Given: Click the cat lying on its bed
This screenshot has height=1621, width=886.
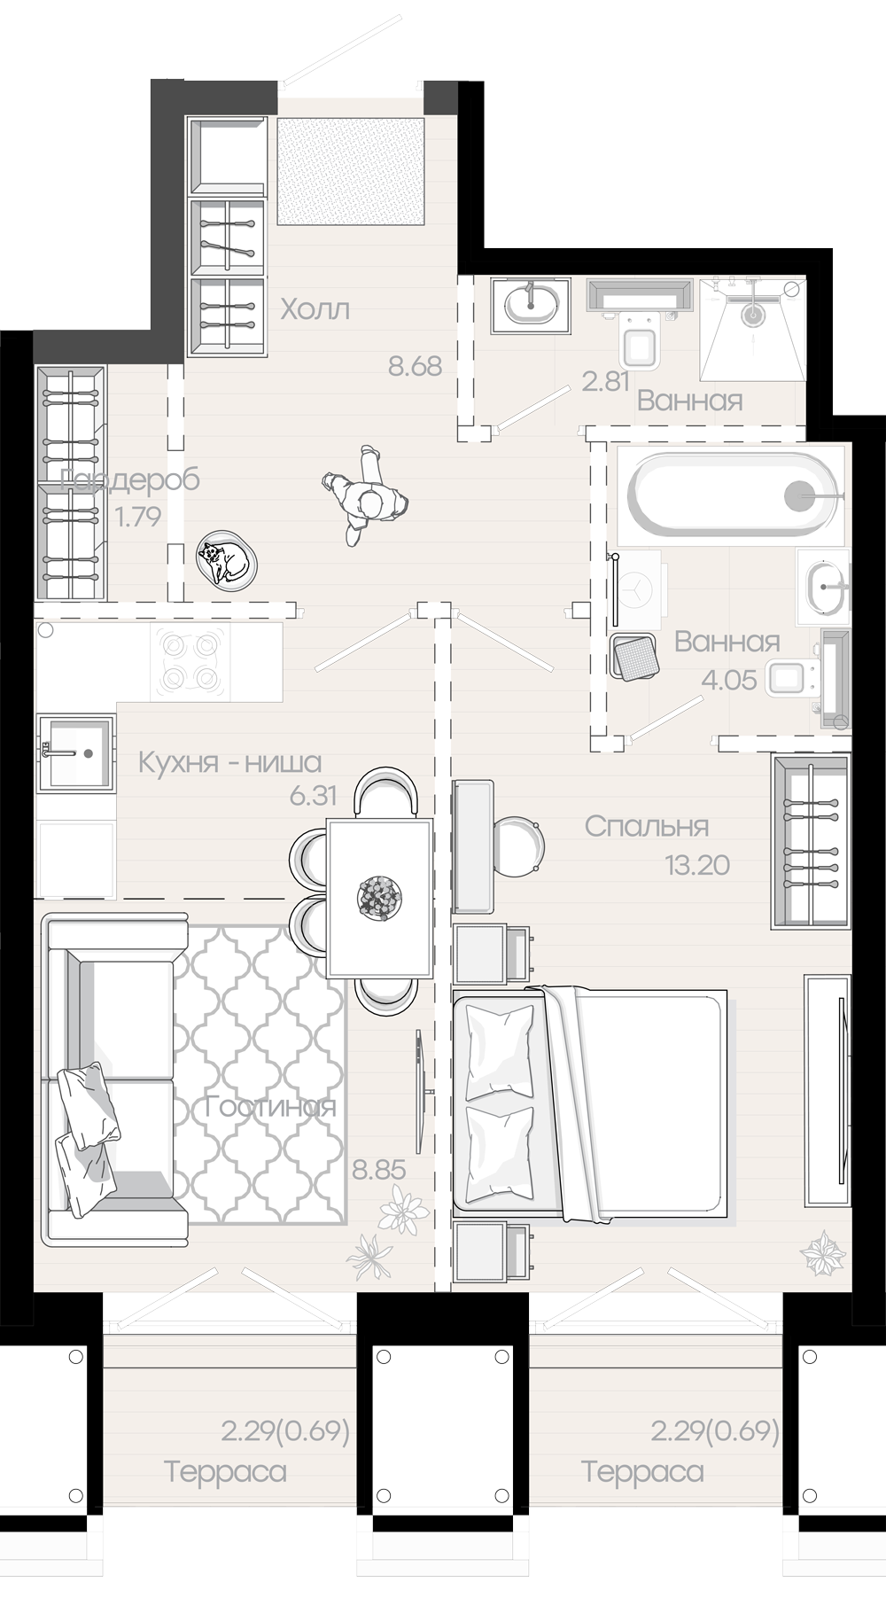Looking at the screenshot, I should [227, 561].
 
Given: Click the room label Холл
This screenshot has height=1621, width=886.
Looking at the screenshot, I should [315, 309].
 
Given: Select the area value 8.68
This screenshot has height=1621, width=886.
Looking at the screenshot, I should [415, 366].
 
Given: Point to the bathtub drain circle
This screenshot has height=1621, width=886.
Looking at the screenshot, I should [802, 495].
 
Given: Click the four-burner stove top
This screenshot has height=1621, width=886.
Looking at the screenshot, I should [190, 662].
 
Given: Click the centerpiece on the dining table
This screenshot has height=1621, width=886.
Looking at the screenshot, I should [380, 897].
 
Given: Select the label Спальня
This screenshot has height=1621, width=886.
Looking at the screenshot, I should [646, 826].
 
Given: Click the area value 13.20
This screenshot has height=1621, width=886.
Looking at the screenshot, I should [697, 865].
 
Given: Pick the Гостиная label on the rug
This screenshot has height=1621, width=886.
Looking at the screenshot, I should [270, 1107].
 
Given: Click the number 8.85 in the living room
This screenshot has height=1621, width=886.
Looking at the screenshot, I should [379, 1170].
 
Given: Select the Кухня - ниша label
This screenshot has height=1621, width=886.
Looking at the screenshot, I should [229, 762].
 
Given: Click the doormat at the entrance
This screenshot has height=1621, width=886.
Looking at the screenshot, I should [351, 171].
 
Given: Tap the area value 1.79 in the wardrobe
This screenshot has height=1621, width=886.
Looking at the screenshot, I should [138, 517].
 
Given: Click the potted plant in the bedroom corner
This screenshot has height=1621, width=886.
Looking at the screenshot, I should [822, 1253].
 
